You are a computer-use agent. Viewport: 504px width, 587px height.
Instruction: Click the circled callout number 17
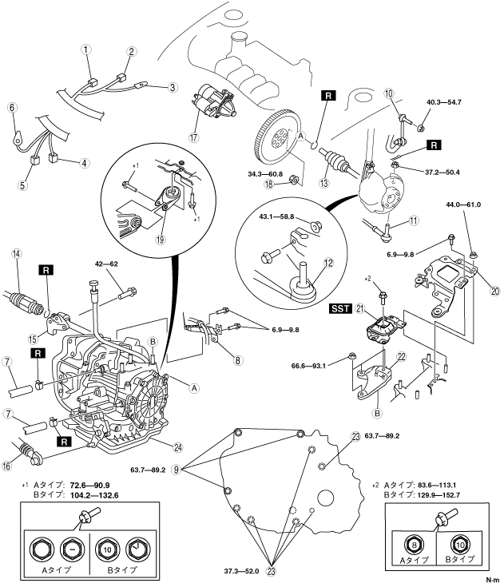tap(193, 137)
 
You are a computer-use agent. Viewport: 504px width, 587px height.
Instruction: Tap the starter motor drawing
tap(213, 102)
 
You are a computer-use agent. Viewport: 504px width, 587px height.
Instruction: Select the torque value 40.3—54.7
tap(444, 102)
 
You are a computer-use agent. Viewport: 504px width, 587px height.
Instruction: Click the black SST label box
tap(340, 309)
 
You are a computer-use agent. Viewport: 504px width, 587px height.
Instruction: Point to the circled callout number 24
tap(178, 447)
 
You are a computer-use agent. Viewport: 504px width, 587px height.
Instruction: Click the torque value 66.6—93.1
tap(308, 366)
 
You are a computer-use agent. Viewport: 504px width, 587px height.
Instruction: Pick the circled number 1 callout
tap(86, 50)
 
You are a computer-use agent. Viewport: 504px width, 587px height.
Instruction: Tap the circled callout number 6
tap(12, 108)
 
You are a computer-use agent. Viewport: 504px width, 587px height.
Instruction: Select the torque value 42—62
tap(106, 264)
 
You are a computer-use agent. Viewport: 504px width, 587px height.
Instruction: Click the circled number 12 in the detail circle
tap(328, 263)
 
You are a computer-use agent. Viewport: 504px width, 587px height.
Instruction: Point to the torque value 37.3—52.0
tap(241, 571)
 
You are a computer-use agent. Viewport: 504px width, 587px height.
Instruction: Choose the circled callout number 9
tap(176, 469)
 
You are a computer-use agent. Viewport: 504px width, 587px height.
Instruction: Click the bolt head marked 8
tap(414, 545)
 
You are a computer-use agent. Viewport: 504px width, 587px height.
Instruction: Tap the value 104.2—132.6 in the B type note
tap(94, 495)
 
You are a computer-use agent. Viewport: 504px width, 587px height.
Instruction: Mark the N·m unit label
tap(493, 581)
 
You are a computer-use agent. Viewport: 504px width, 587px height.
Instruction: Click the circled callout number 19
tap(161, 240)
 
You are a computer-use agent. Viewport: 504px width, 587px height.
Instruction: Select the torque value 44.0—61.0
tap(463, 204)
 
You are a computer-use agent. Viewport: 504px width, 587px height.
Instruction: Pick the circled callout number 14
tap(17, 254)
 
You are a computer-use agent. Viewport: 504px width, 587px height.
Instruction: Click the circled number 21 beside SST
tap(360, 309)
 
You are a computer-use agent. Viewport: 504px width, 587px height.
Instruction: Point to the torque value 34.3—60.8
tap(265, 174)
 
